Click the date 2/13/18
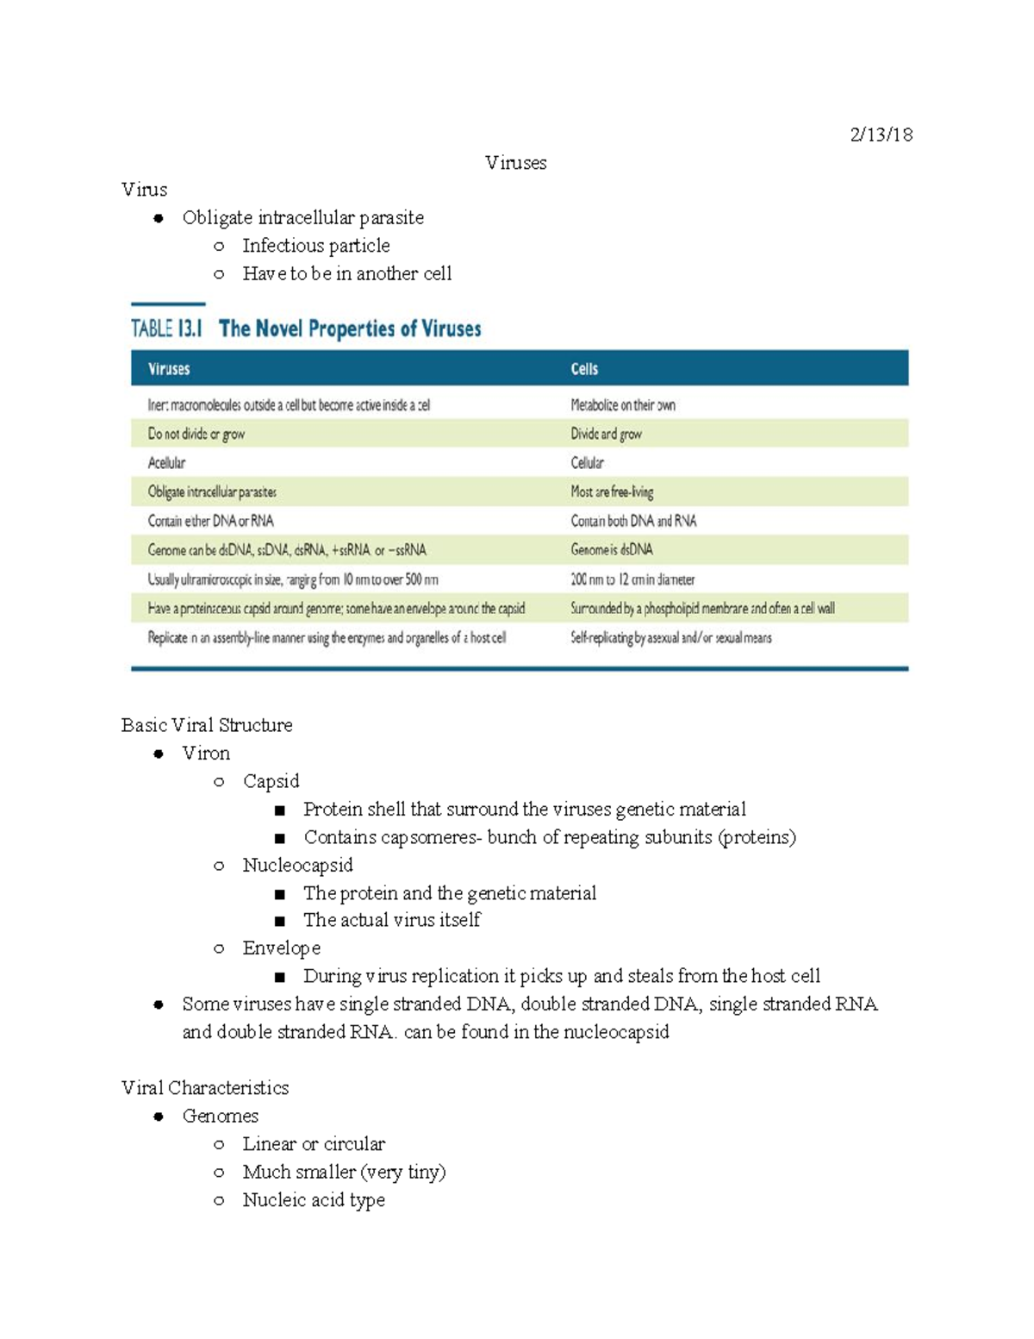(881, 135)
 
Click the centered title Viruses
(515, 163)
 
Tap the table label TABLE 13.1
(166, 328)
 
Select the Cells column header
(584, 369)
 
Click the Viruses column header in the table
(169, 369)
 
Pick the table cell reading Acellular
(166, 463)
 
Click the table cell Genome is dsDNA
(612, 550)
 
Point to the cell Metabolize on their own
(623, 405)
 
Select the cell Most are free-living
(612, 492)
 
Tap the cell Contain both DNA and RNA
(633, 521)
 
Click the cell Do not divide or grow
(196, 434)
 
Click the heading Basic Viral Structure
(207, 725)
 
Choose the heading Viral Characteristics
(205, 1088)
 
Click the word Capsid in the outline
(271, 781)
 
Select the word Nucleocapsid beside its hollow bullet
(297, 865)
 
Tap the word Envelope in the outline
(281, 948)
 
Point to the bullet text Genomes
(220, 1116)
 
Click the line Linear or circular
(314, 1144)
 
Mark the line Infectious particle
(315, 246)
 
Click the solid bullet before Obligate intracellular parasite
(159, 218)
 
